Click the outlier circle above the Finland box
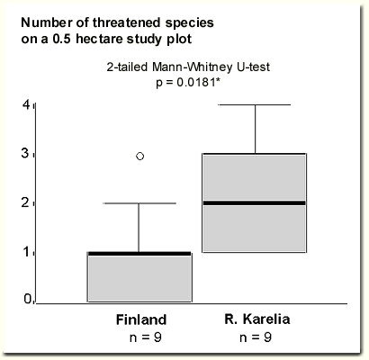point(140,156)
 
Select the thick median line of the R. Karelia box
point(255,203)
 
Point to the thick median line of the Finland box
point(139,254)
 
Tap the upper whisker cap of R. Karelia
point(255,104)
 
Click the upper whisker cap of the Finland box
point(139,203)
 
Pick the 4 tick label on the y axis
point(26,104)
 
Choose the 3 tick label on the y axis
point(26,154)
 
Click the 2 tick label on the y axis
point(26,202)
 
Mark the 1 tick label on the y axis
point(27,252)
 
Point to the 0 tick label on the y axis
point(28,299)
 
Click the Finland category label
point(141,319)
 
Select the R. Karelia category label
point(257,319)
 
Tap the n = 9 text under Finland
point(146,337)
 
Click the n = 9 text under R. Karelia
point(256,337)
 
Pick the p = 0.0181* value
point(188,82)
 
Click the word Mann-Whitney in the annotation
point(193,67)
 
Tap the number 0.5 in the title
point(62,39)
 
